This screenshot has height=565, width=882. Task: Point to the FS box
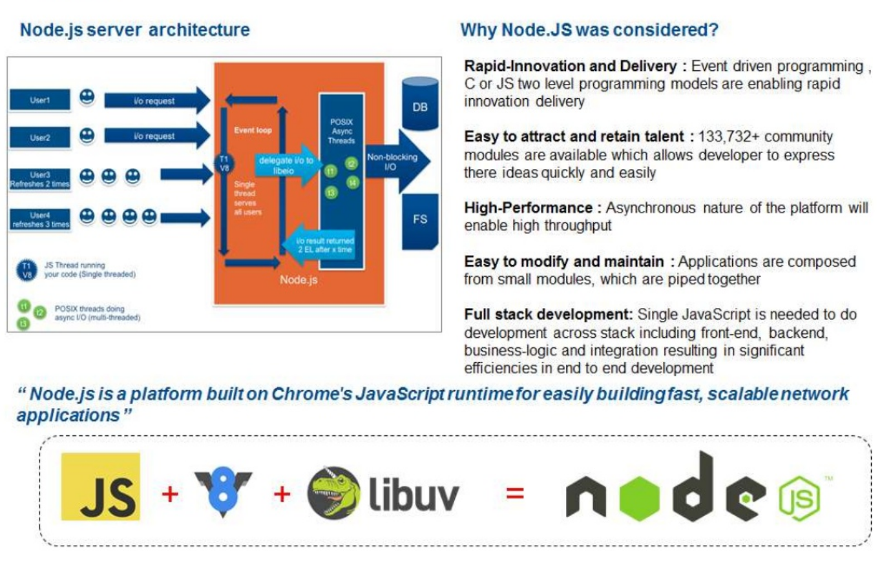coord(420,219)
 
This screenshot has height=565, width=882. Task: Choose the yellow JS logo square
coord(100,486)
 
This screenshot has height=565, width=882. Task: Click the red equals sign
coord(514,495)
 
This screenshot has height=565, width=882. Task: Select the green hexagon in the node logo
coord(640,497)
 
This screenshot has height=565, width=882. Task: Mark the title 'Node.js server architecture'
coord(134,30)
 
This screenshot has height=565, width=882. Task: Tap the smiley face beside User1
coord(87,98)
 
